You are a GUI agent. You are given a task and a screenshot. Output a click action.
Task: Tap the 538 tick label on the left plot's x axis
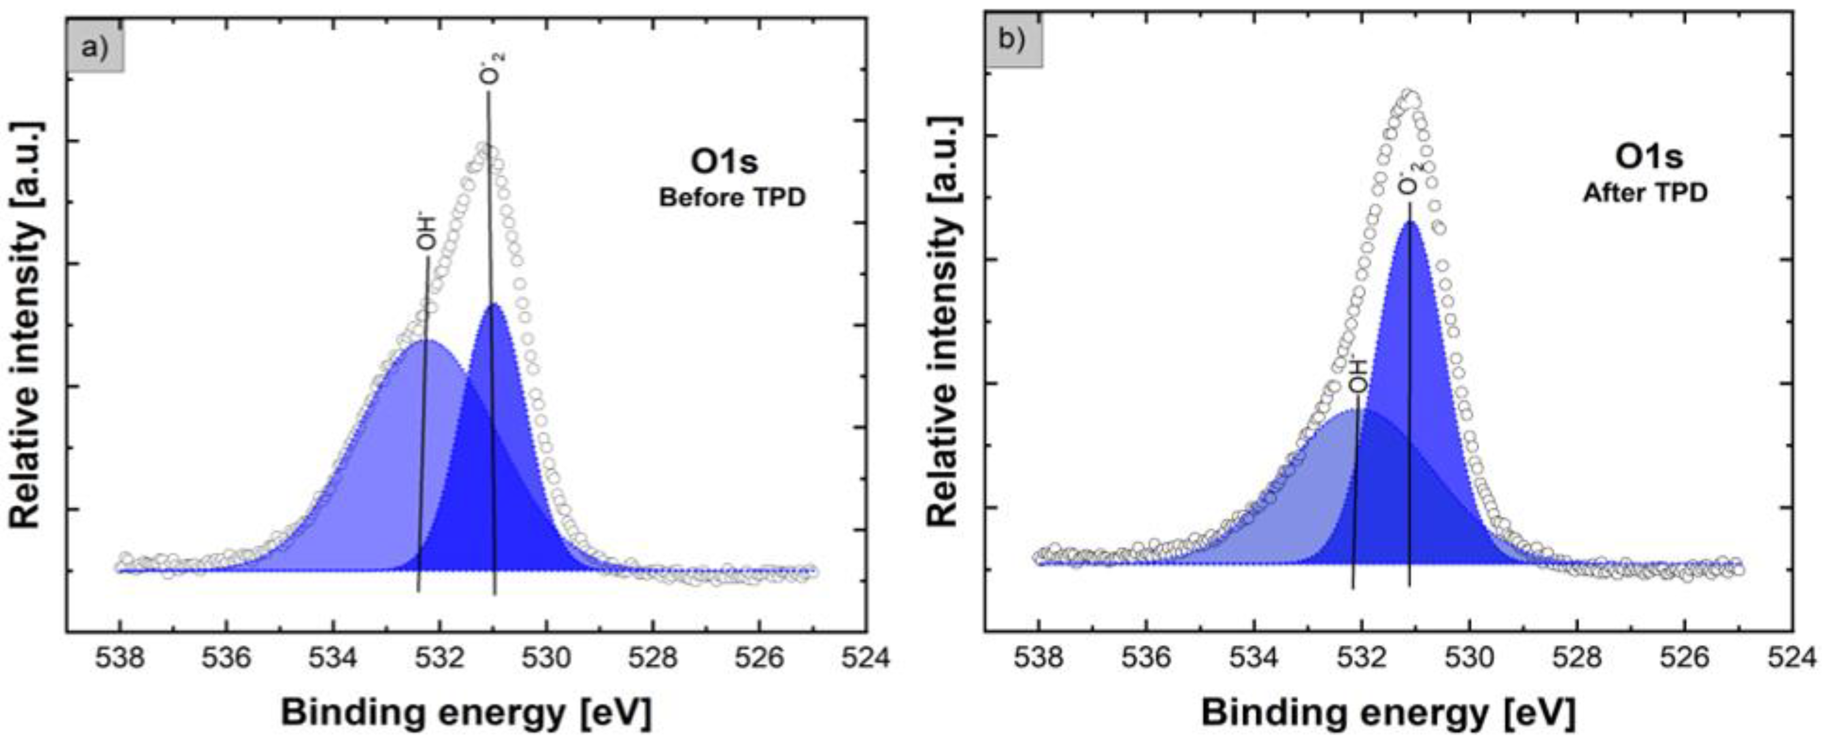point(121,658)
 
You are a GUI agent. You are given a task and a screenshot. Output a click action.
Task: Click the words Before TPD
point(732,198)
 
